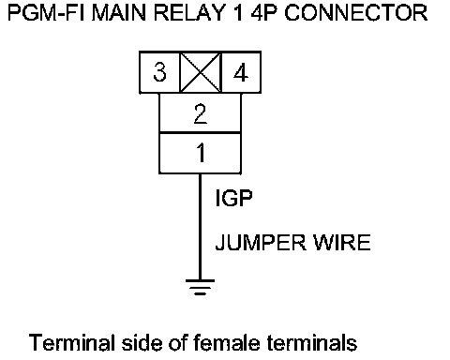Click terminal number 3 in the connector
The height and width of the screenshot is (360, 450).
pyautogui.click(x=159, y=72)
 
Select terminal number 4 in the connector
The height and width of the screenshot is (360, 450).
pyautogui.click(x=241, y=72)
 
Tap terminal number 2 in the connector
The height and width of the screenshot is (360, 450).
pyautogui.click(x=201, y=113)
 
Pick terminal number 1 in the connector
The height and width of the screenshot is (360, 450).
pyautogui.click(x=201, y=153)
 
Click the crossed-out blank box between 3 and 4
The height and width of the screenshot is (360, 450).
pyautogui.click(x=201, y=72)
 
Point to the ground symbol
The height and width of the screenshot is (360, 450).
pyautogui.click(x=200, y=287)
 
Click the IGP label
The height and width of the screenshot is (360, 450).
pyautogui.click(x=233, y=198)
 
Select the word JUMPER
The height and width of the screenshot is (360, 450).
pyautogui.click(x=261, y=242)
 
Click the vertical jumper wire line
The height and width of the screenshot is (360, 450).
pyautogui.click(x=200, y=227)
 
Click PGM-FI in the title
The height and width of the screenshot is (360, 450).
pyautogui.click(x=46, y=13)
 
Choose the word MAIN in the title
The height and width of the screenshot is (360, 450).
pyautogui.click(x=119, y=13)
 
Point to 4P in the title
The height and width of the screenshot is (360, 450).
pyautogui.click(x=264, y=13)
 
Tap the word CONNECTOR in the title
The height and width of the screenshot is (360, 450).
pyautogui.click(x=356, y=13)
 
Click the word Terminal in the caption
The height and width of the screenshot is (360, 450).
pyautogui.click(x=72, y=342)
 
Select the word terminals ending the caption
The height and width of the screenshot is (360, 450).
pyautogui.click(x=312, y=342)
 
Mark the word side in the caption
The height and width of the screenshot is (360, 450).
pyautogui.click(x=142, y=342)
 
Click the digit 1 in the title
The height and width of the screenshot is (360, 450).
pyautogui.click(x=239, y=13)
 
